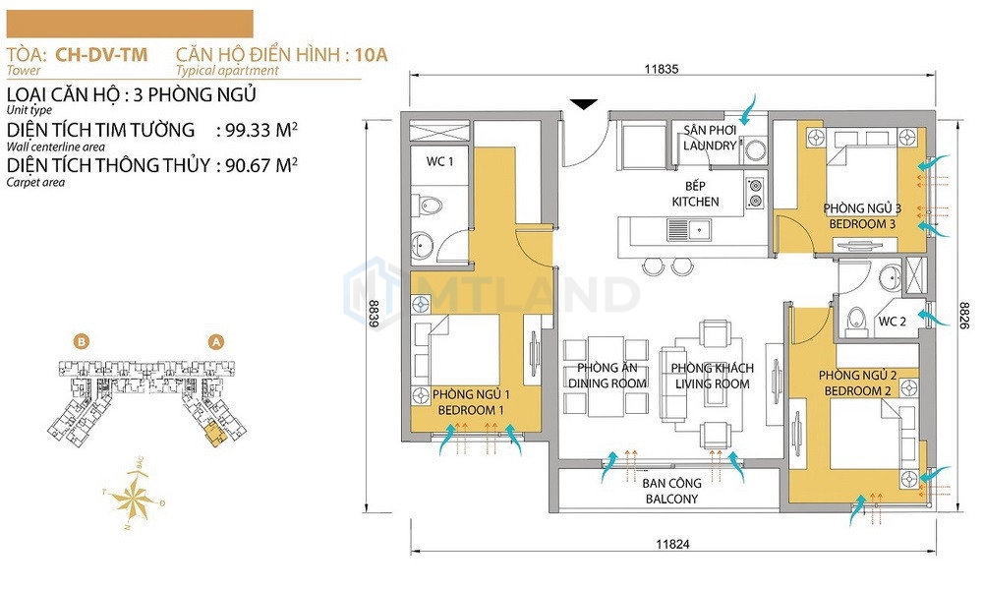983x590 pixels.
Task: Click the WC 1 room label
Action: [x=438, y=161]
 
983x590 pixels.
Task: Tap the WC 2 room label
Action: [x=893, y=322]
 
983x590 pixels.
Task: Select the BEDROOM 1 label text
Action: [x=470, y=409]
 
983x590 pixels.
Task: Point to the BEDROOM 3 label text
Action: [x=861, y=223]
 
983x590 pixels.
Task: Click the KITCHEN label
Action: [x=695, y=202]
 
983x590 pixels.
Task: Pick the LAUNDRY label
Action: [x=710, y=146]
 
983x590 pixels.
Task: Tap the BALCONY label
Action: [x=672, y=499]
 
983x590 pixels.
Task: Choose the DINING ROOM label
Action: [x=607, y=383]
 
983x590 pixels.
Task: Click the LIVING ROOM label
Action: [x=712, y=383]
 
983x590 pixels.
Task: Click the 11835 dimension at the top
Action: [x=663, y=69]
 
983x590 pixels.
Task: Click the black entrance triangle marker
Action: [x=584, y=103]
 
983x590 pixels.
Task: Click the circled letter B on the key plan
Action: [x=83, y=342]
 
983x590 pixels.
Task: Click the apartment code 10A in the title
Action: [x=372, y=55]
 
